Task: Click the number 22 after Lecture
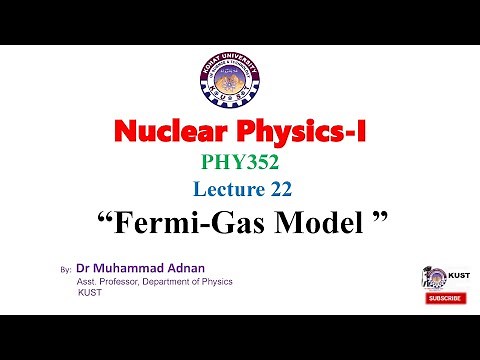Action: [283, 189]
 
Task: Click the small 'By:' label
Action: [67, 271]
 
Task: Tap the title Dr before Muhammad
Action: [83, 269]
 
